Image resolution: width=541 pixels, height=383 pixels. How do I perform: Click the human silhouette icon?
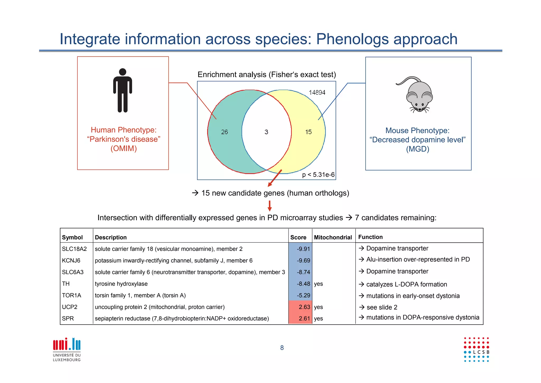pyautogui.click(x=123, y=90)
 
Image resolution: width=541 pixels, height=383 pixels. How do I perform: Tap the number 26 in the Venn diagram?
pyautogui.click(x=224, y=132)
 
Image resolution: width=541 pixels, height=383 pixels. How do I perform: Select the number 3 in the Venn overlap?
pyautogui.click(x=266, y=132)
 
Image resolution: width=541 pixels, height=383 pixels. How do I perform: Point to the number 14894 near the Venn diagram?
pyautogui.click(x=317, y=93)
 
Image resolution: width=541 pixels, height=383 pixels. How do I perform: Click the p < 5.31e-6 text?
pyautogui.click(x=318, y=175)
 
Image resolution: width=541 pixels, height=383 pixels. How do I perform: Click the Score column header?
pyautogui.click(x=298, y=237)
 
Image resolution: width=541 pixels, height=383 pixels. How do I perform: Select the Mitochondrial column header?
pyautogui.click(x=333, y=237)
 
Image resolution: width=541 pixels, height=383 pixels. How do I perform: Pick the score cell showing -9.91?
pyautogui.click(x=303, y=249)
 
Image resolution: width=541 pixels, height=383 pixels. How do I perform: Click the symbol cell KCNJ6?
pyautogui.click(x=71, y=261)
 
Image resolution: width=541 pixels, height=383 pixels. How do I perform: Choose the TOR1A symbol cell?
pyautogui.click(x=72, y=295)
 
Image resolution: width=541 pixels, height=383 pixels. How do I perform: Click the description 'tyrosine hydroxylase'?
pyautogui.click(x=121, y=284)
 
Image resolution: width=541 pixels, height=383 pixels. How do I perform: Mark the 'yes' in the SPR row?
pyautogui.click(x=318, y=319)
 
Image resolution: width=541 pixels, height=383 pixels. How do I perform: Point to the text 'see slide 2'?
pyautogui.click(x=382, y=307)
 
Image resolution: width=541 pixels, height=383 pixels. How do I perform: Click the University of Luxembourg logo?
pyautogui.click(x=67, y=349)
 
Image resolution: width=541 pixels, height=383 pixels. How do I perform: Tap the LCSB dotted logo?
pyautogui.click(x=477, y=349)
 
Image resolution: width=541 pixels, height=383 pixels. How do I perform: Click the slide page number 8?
pyautogui.click(x=282, y=348)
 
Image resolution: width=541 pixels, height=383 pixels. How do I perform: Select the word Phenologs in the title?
pyautogui.click(x=352, y=39)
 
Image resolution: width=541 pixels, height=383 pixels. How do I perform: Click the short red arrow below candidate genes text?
pyautogui.click(x=269, y=206)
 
